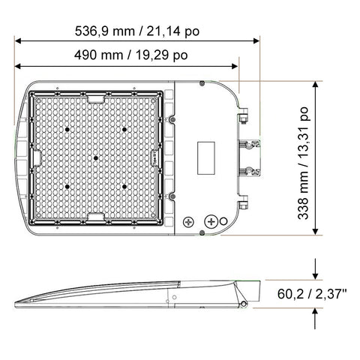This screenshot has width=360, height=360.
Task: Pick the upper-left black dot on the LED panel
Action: (67, 129)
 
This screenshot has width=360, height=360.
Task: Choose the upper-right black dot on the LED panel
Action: (125, 129)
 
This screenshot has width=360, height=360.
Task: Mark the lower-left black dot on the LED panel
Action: (67, 186)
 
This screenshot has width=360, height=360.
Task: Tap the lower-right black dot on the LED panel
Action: (125, 186)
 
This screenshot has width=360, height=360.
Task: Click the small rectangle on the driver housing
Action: (206, 157)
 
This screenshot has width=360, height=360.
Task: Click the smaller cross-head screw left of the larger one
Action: (188, 223)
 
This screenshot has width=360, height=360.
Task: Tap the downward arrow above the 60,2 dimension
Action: (315, 269)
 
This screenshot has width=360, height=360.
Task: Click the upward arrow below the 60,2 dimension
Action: (315, 320)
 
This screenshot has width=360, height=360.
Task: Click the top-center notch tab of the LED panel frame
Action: (96, 98)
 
